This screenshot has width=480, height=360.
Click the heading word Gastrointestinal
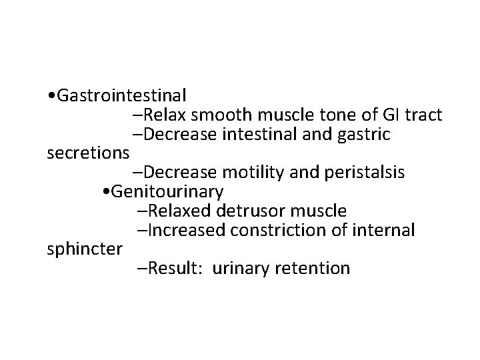coord(122,95)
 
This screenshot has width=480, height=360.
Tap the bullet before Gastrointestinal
coord(52,96)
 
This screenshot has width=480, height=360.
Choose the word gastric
coord(361,134)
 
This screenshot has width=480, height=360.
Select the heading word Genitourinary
coord(168,192)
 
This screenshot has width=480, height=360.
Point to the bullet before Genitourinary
coord(108,193)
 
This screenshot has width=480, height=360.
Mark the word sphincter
coord(85,250)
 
